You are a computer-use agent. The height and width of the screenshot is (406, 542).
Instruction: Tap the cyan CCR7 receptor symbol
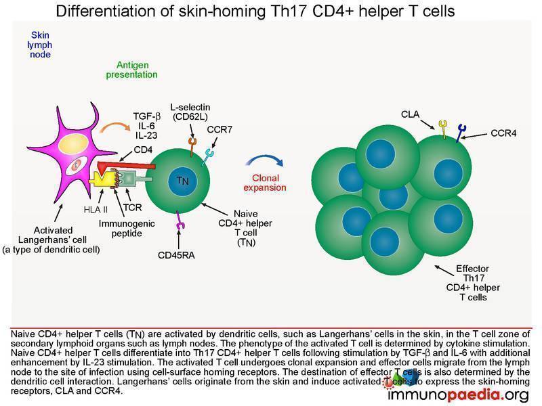[x=208, y=156]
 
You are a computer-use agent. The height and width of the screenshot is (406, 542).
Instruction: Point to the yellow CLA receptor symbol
[x=443, y=129]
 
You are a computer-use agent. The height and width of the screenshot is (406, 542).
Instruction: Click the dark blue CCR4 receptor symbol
[x=461, y=133]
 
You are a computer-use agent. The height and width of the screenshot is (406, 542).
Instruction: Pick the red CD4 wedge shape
[x=125, y=166]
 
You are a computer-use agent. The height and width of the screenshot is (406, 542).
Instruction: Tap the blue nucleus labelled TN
[x=182, y=181]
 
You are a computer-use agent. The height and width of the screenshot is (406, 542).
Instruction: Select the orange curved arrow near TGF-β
[x=114, y=127]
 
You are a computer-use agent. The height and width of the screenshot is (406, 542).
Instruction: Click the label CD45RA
[x=176, y=255]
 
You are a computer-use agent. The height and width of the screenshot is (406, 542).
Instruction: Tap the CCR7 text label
[x=220, y=129]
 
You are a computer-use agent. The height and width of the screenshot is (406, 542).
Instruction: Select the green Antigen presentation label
[x=131, y=70]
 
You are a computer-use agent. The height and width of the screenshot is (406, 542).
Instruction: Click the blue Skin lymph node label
[x=40, y=45]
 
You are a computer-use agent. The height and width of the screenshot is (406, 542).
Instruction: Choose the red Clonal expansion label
[x=265, y=183]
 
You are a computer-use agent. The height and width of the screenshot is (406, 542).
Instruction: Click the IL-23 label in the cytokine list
[x=146, y=136]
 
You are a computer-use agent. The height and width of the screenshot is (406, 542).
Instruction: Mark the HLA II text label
[x=96, y=210]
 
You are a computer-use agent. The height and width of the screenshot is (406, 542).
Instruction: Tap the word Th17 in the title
[x=289, y=11]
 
